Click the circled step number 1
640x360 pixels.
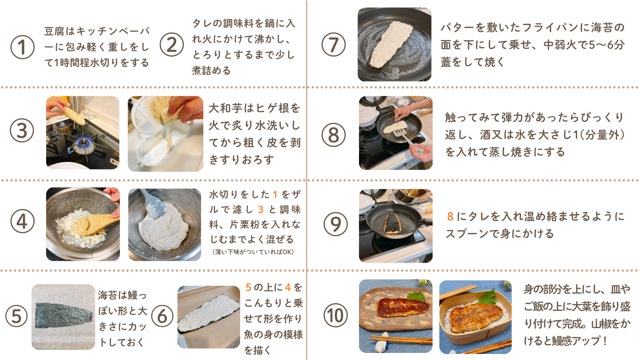coord(23,47)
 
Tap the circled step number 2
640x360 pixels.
coord(172,45)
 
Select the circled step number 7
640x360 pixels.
coord(334,45)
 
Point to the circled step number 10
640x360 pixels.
coord(336,315)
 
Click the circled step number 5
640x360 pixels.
coord(17,316)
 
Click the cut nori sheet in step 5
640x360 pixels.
coord(64,315)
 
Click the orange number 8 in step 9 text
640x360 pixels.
coord(450,217)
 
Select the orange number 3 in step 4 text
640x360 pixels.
coord(261,209)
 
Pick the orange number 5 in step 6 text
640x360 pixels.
coord(248,287)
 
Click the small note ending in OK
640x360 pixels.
coord(253,252)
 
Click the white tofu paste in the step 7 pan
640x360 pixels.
coord(391,44)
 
